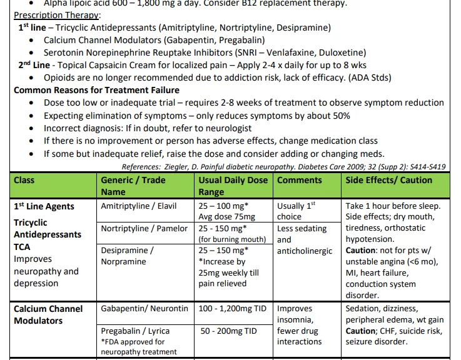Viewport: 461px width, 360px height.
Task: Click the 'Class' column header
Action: click(x=24, y=180)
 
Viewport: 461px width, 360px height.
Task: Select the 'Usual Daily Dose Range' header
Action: click(x=232, y=186)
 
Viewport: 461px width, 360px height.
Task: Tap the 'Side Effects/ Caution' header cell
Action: click(x=388, y=180)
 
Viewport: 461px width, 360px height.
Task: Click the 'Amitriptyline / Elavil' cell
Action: click(x=139, y=206)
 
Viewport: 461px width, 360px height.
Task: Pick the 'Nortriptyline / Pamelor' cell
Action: click(x=144, y=228)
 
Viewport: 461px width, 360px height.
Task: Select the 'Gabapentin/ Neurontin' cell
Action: click(x=144, y=308)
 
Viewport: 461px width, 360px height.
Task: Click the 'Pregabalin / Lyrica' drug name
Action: click(x=135, y=331)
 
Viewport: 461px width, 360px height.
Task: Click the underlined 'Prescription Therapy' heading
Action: click(x=56, y=15)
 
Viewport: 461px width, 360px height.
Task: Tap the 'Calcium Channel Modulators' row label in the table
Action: click(x=48, y=314)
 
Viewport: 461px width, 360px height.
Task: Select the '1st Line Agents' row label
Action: click(x=44, y=206)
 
